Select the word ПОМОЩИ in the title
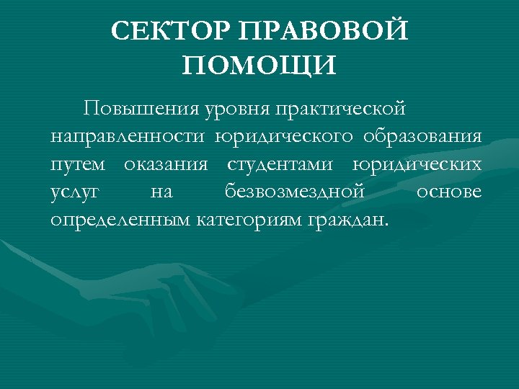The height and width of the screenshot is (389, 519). pyautogui.click(x=259, y=66)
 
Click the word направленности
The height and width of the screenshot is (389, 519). pyautogui.click(x=130, y=137)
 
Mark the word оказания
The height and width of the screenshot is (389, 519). pyautogui.click(x=166, y=164)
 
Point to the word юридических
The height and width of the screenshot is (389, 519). pyautogui.click(x=417, y=165)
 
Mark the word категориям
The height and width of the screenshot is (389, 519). pyautogui.click(x=248, y=220)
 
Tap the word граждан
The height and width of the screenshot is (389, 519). pyautogui.click(x=347, y=220)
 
